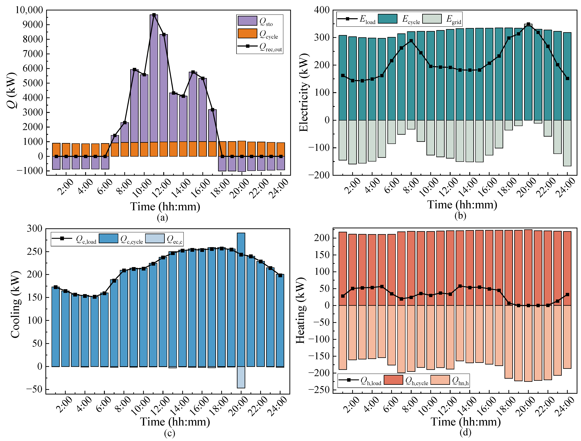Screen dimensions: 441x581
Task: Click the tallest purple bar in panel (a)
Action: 154,79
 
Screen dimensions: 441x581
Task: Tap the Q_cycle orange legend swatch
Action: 247,34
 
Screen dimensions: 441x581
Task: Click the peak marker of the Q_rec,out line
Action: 154,15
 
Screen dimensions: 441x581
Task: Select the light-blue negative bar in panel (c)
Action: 241,377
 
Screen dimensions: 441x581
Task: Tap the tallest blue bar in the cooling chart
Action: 241,299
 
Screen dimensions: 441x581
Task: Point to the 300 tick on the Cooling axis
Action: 34,229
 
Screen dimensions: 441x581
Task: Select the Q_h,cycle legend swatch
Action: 393,380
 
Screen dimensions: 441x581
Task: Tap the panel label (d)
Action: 465,432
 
